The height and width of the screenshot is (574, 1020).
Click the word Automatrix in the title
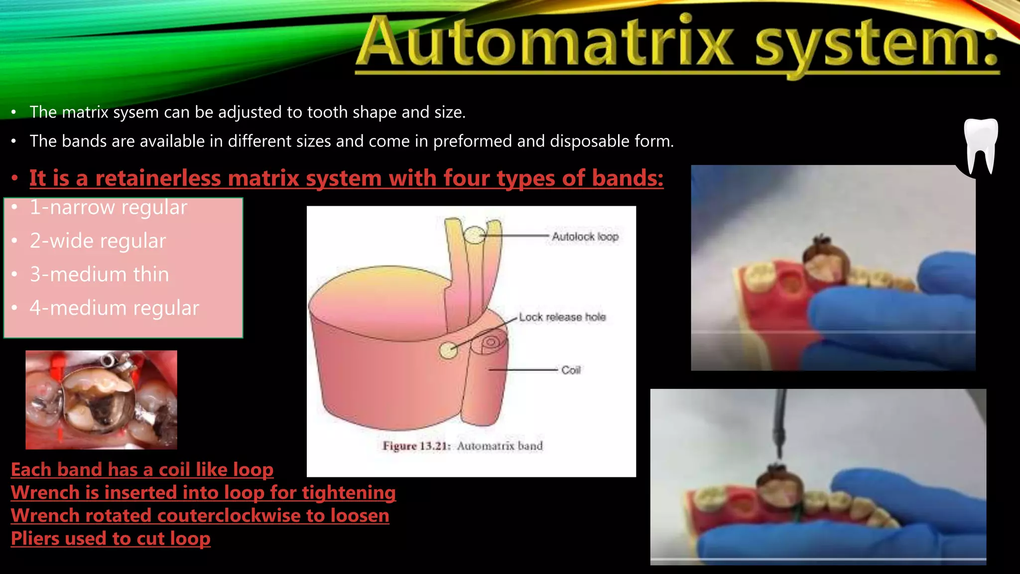pos(546,43)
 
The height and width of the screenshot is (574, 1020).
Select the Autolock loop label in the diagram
pos(585,237)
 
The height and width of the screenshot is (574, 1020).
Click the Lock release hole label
pos(562,317)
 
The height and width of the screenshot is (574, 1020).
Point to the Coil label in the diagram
pos(571,370)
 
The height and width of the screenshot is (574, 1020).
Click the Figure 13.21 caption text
pos(462,446)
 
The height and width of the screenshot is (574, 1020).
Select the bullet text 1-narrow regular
pos(108,207)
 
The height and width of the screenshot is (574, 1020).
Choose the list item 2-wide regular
pos(98,241)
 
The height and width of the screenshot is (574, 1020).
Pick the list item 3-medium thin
pos(99,275)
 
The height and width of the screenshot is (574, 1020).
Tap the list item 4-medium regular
pos(114,308)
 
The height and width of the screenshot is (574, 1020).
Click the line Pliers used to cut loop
pos(111,539)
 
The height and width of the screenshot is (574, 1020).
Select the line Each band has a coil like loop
pos(142,470)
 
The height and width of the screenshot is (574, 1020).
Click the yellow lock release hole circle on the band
pos(448,350)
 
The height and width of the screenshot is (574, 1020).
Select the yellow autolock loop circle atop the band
pos(475,235)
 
